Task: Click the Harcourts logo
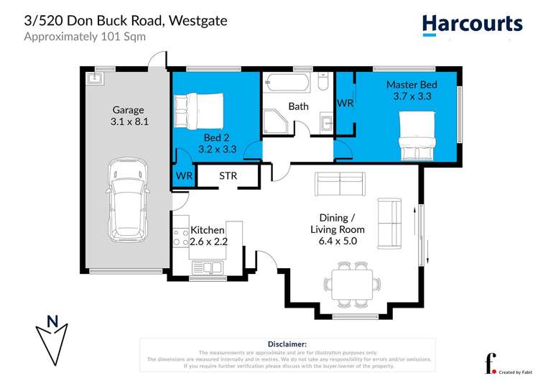click(472, 25)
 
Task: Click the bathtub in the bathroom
click(285, 82)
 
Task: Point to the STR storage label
click(228, 175)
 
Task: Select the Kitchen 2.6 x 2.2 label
click(208, 236)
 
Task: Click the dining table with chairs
click(351, 282)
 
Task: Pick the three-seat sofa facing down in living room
click(340, 185)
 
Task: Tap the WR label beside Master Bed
click(345, 104)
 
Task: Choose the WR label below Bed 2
click(184, 175)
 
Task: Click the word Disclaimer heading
click(287, 344)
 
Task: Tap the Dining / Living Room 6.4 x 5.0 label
click(338, 229)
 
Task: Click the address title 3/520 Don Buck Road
click(126, 20)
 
